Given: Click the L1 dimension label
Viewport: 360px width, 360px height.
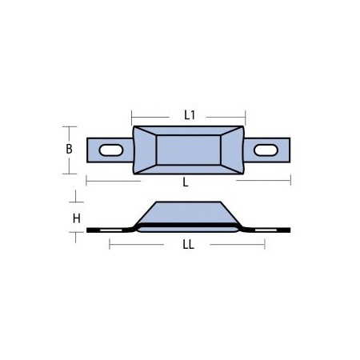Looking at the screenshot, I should [190, 115].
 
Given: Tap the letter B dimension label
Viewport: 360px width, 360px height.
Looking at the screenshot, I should [69, 149].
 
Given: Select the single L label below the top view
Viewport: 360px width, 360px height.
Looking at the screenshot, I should [186, 182].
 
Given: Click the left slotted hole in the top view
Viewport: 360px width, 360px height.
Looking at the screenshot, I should [110, 149].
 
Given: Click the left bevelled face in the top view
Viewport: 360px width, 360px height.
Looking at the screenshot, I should [143, 149].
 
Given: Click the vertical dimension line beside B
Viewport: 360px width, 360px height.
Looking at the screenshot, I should [77, 149].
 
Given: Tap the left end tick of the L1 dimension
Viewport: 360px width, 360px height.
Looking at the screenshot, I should [133, 115].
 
